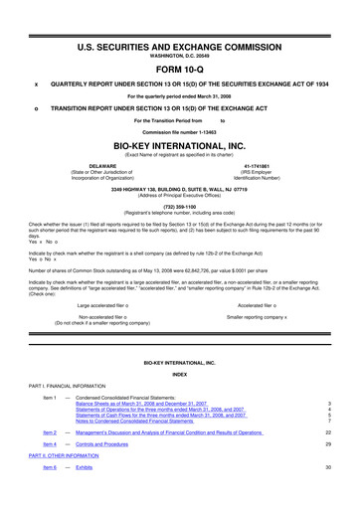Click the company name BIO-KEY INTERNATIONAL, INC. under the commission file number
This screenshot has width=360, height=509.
tap(179, 145)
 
